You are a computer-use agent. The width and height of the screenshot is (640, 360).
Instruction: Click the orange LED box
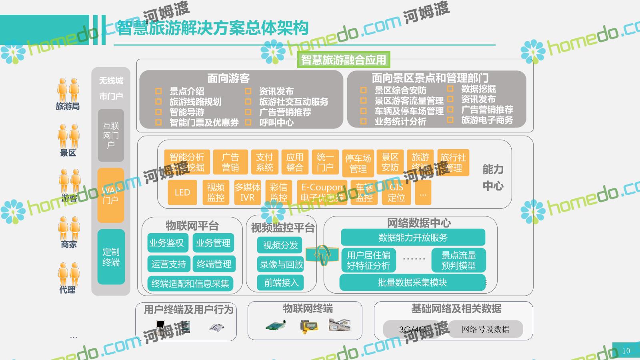click(182, 192)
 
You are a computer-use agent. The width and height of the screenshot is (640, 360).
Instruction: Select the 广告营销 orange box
click(230, 162)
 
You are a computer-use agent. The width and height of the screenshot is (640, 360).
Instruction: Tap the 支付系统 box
click(264, 162)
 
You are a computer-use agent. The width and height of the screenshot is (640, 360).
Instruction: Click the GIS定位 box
click(396, 192)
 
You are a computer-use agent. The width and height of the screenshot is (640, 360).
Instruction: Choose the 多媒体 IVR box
click(247, 192)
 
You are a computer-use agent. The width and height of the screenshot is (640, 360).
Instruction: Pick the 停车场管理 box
click(358, 163)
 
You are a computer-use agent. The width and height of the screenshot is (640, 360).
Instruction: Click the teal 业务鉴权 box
click(166, 243)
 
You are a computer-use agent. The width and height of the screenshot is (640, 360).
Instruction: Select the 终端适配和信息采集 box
click(190, 284)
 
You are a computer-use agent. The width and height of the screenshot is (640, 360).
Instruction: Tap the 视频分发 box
click(280, 245)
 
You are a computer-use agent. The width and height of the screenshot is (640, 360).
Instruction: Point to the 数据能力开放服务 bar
click(413, 237)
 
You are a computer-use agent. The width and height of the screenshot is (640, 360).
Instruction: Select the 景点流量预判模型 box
click(458, 260)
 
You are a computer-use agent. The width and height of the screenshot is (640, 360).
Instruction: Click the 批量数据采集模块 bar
click(412, 282)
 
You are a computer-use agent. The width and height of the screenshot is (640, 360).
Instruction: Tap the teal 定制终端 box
click(111, 257)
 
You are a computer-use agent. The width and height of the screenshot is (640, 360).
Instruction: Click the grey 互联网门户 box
click(111, 136)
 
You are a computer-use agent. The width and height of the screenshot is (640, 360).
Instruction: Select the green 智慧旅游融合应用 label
click(343, 60)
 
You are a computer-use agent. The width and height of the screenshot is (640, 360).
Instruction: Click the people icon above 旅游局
click(68, 90)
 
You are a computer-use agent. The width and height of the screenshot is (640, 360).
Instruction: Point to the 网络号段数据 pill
click(485, 329)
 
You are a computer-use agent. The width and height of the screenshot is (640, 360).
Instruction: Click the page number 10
click(626, 351)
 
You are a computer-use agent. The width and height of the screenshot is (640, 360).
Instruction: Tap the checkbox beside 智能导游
click(158, 112)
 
